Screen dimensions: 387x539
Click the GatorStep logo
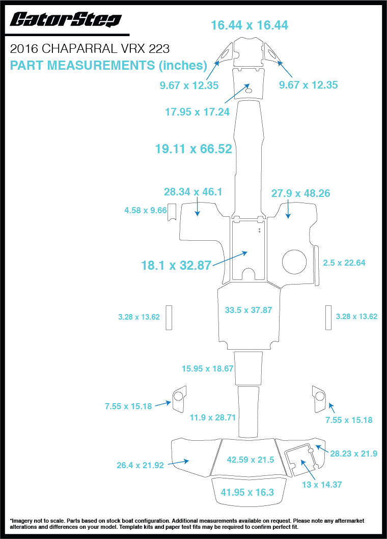(x=65, y=19)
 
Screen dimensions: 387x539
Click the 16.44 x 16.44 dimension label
(x=250, y=25)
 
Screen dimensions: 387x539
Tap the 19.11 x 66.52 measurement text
(x=193, y=149)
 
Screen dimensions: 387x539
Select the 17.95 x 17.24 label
(x=197, y=111)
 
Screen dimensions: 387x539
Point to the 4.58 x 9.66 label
(x=146, y=210)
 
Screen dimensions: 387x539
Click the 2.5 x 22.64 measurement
(x=344, y=263)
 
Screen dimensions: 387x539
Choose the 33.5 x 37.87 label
(x=248, y=310)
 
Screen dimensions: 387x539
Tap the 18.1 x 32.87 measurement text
(x=176, y=265)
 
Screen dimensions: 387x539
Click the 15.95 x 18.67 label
(x=207, y=368)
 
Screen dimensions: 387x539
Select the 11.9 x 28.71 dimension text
(x=212, y=417)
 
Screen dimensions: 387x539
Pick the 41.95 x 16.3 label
(x=247, y=492)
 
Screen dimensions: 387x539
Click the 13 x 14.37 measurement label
(x=322, y=485)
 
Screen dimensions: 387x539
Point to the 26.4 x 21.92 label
(x=140, y=465)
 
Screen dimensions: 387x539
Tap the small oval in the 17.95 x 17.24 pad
(x=248, y=91)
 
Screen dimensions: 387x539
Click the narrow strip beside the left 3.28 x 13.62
(x=169, y=318)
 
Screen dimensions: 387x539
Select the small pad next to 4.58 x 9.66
(x=172, y=212)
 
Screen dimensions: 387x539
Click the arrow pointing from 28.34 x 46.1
(x=197, y=207)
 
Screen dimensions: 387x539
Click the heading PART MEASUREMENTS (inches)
(x=108, y=65)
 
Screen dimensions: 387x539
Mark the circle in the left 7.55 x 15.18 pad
(x=178, y=396)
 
